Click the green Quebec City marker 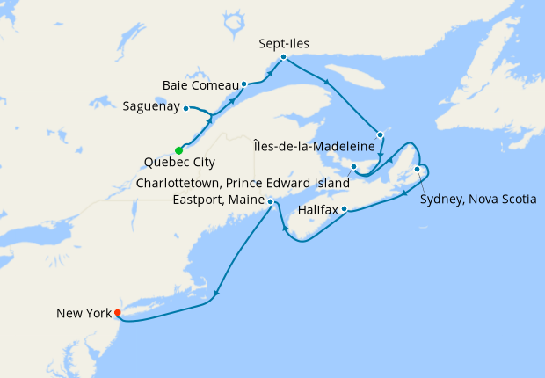tap(178, 149)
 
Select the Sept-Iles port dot tap(283, 57)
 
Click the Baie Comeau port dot tap(243, 85)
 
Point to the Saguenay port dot tap(186, 108)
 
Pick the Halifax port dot tap(345, 209)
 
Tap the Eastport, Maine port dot tap(270, 201)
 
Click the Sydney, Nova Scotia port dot tap(417, 169)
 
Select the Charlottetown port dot tap(352, 166)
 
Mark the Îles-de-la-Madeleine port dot tap(380, 134)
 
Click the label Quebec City tap(178, 163)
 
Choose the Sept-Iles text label tap(284, 42)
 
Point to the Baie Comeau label tap(201, 85)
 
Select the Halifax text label tap(317, 211)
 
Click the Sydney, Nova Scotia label tap(478, 199)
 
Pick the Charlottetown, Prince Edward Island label tap(243, 183)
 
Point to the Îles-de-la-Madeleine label tap(314, 145)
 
